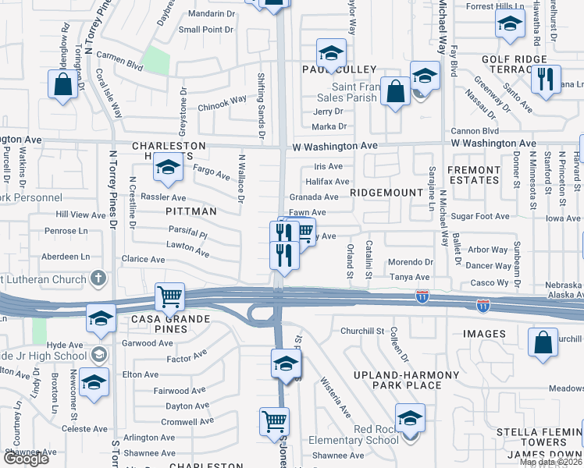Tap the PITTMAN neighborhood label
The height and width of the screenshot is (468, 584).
189,211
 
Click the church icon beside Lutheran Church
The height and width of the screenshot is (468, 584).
98,277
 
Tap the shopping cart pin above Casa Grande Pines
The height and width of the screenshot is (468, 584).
169,296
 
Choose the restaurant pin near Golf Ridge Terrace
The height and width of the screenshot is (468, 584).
545,79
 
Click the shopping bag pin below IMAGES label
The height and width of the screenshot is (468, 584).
543,342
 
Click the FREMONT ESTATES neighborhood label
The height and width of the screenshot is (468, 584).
474,175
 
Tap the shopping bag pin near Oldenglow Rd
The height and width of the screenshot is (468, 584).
62,84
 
